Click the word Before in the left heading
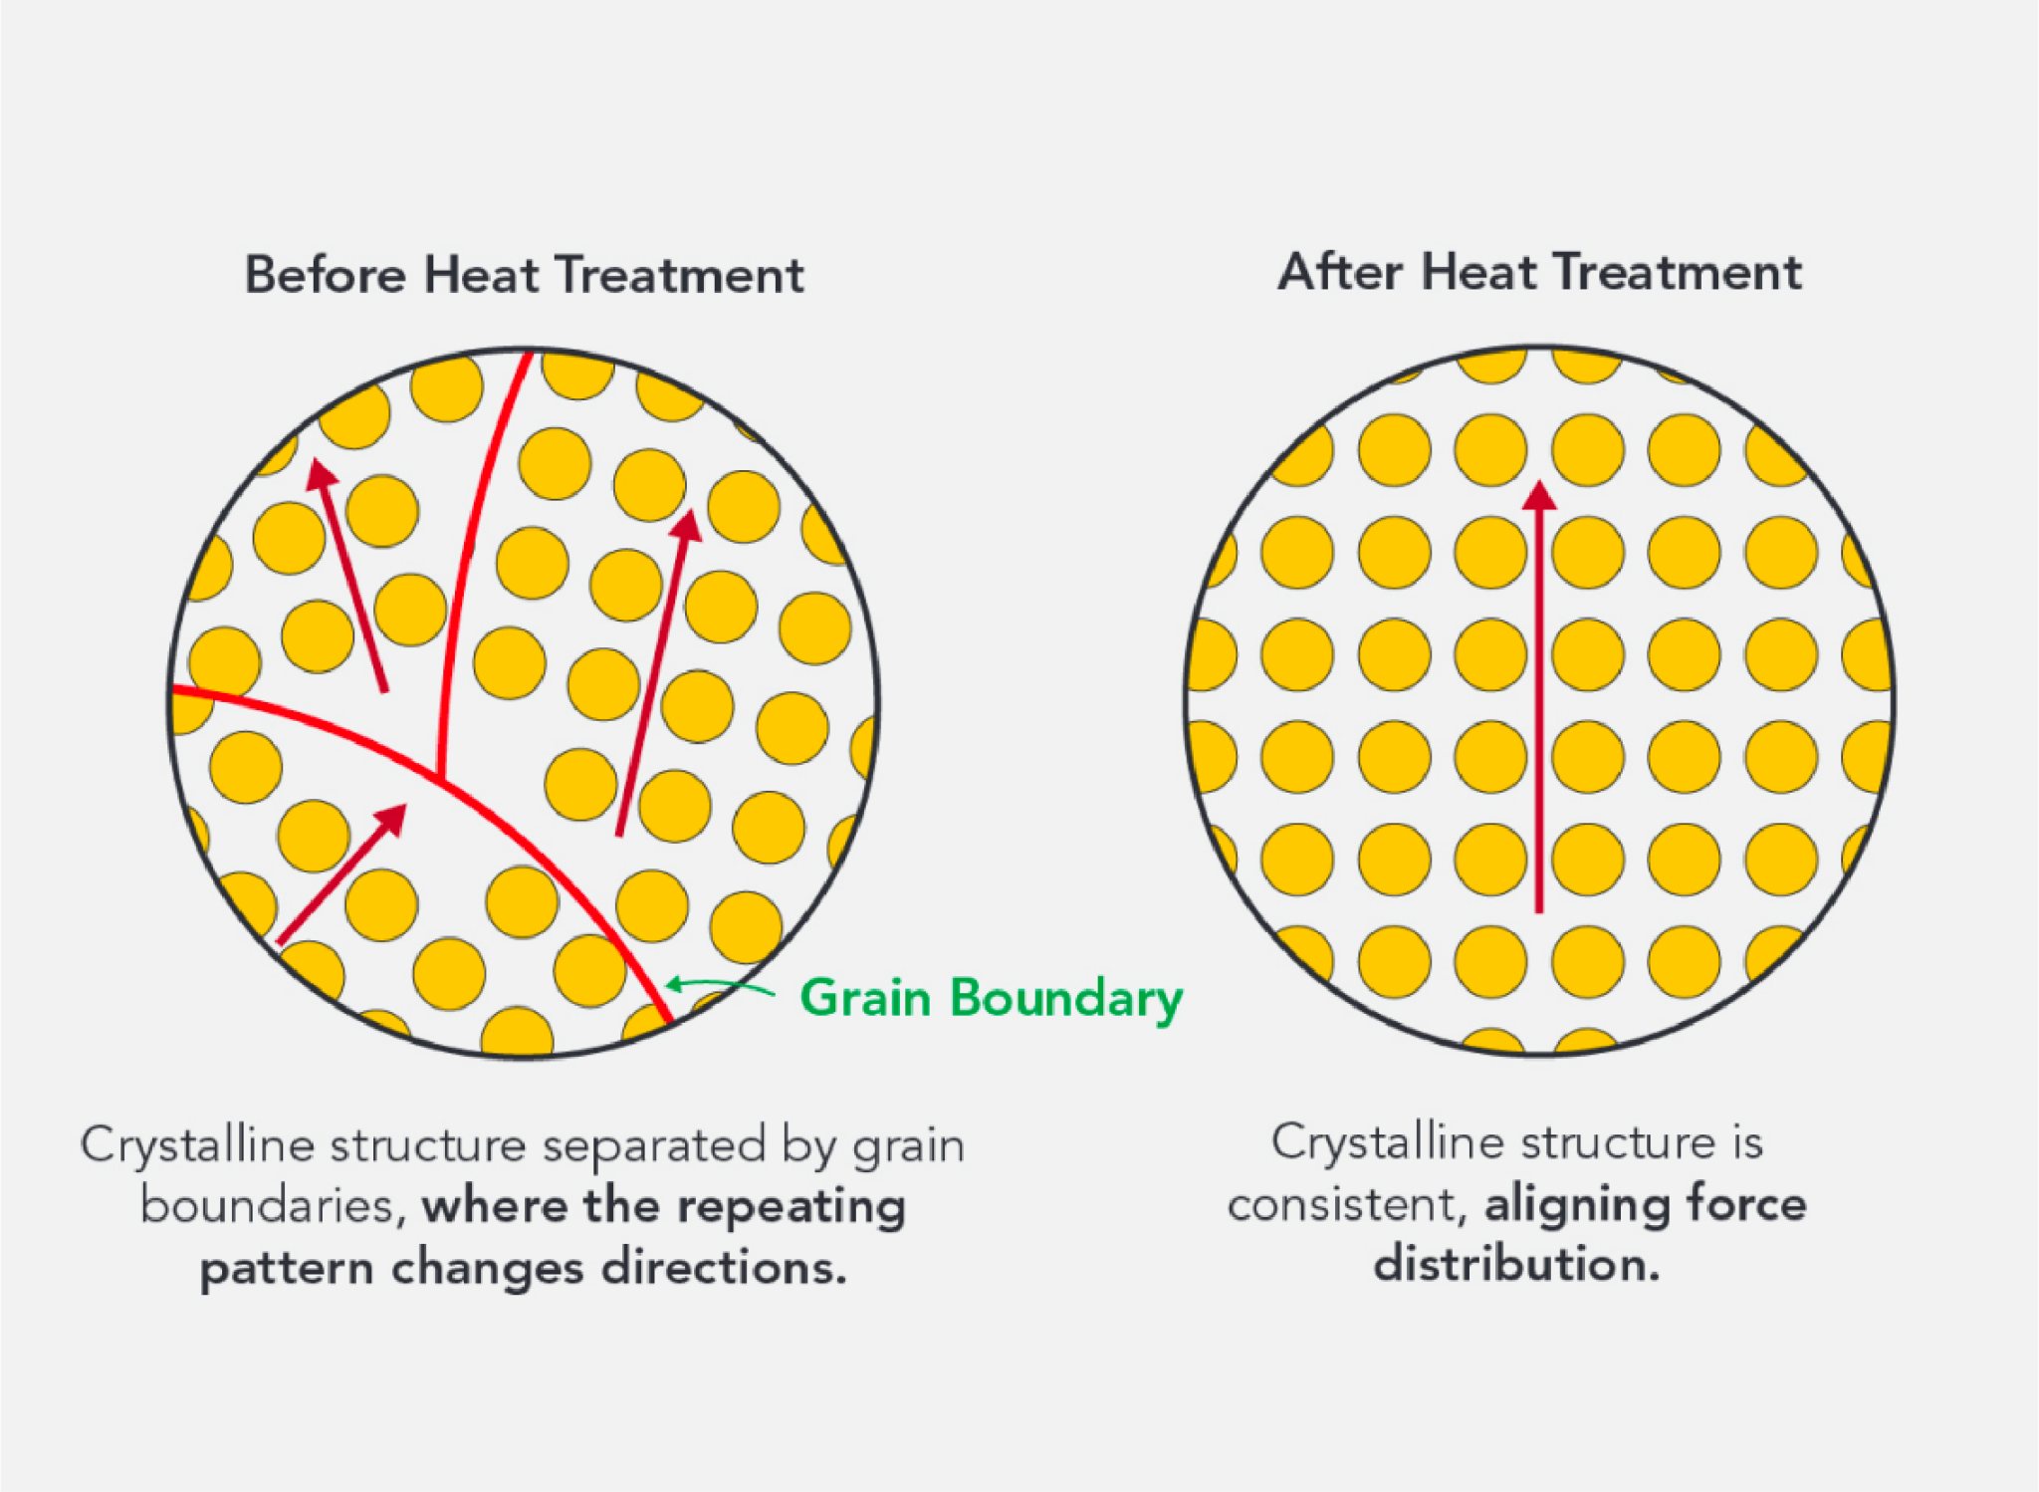[325, 275]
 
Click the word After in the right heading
[1340, 271]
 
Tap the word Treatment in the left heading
[679, 275]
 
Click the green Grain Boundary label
[992, 999]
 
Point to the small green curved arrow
[720, 986]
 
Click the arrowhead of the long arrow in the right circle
[1539, 495]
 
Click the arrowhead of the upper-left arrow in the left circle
[321, 473]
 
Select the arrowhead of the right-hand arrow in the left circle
[686, 525]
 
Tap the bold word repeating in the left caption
[793, 1207]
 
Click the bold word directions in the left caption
[723, 1268]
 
